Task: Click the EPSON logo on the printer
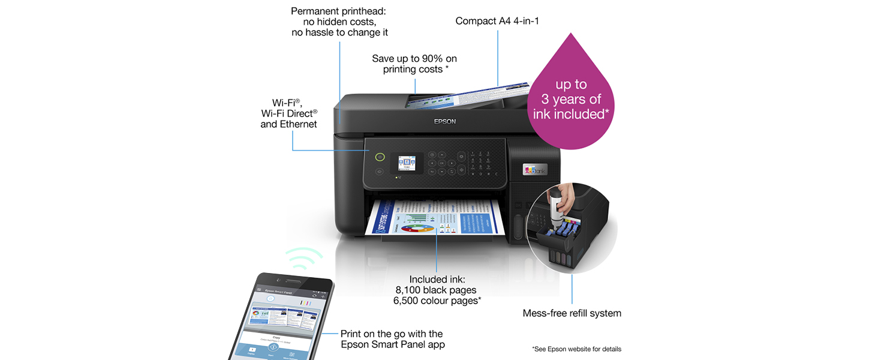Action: [444, 121]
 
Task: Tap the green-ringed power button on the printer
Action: [379, 157]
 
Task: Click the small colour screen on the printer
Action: [407, 163]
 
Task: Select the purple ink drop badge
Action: [570, 99]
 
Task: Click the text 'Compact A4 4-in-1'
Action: [498, 21]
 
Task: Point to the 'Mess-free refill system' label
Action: [572, 313]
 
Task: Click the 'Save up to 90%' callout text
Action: [414, 59]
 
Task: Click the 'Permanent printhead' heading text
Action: [339, 11]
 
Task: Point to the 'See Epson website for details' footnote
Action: [576, 349]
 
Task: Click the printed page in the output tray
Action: [438, 217]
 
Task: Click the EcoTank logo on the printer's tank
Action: [535, 170]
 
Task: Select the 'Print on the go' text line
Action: [392, 334]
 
